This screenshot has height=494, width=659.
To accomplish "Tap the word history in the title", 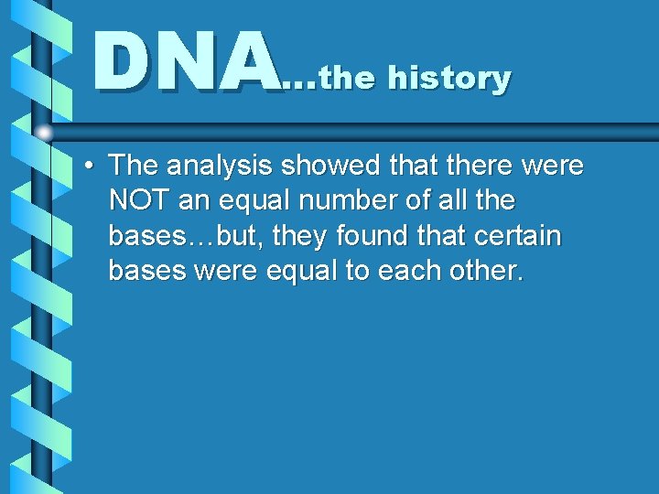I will click(x=449, y=78).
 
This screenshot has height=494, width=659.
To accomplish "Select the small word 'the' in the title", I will click(x=348, y=79).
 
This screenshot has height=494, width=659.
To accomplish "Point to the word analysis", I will click(x=220, y=166).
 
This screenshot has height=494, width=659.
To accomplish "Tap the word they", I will click(x=297, y=237).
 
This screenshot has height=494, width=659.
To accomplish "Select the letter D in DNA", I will click(x=121, y=61).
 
